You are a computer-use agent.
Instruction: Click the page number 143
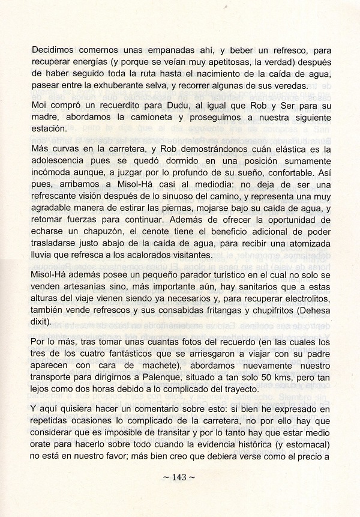pyautogui.click(x=180, y=478)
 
